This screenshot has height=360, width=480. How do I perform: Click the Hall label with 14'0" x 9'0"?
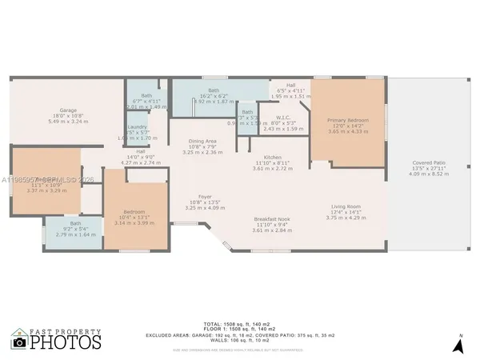(141, 151)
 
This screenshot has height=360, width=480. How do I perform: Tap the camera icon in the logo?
(20, 339)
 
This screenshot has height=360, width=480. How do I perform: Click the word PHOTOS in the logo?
(67, 342)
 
